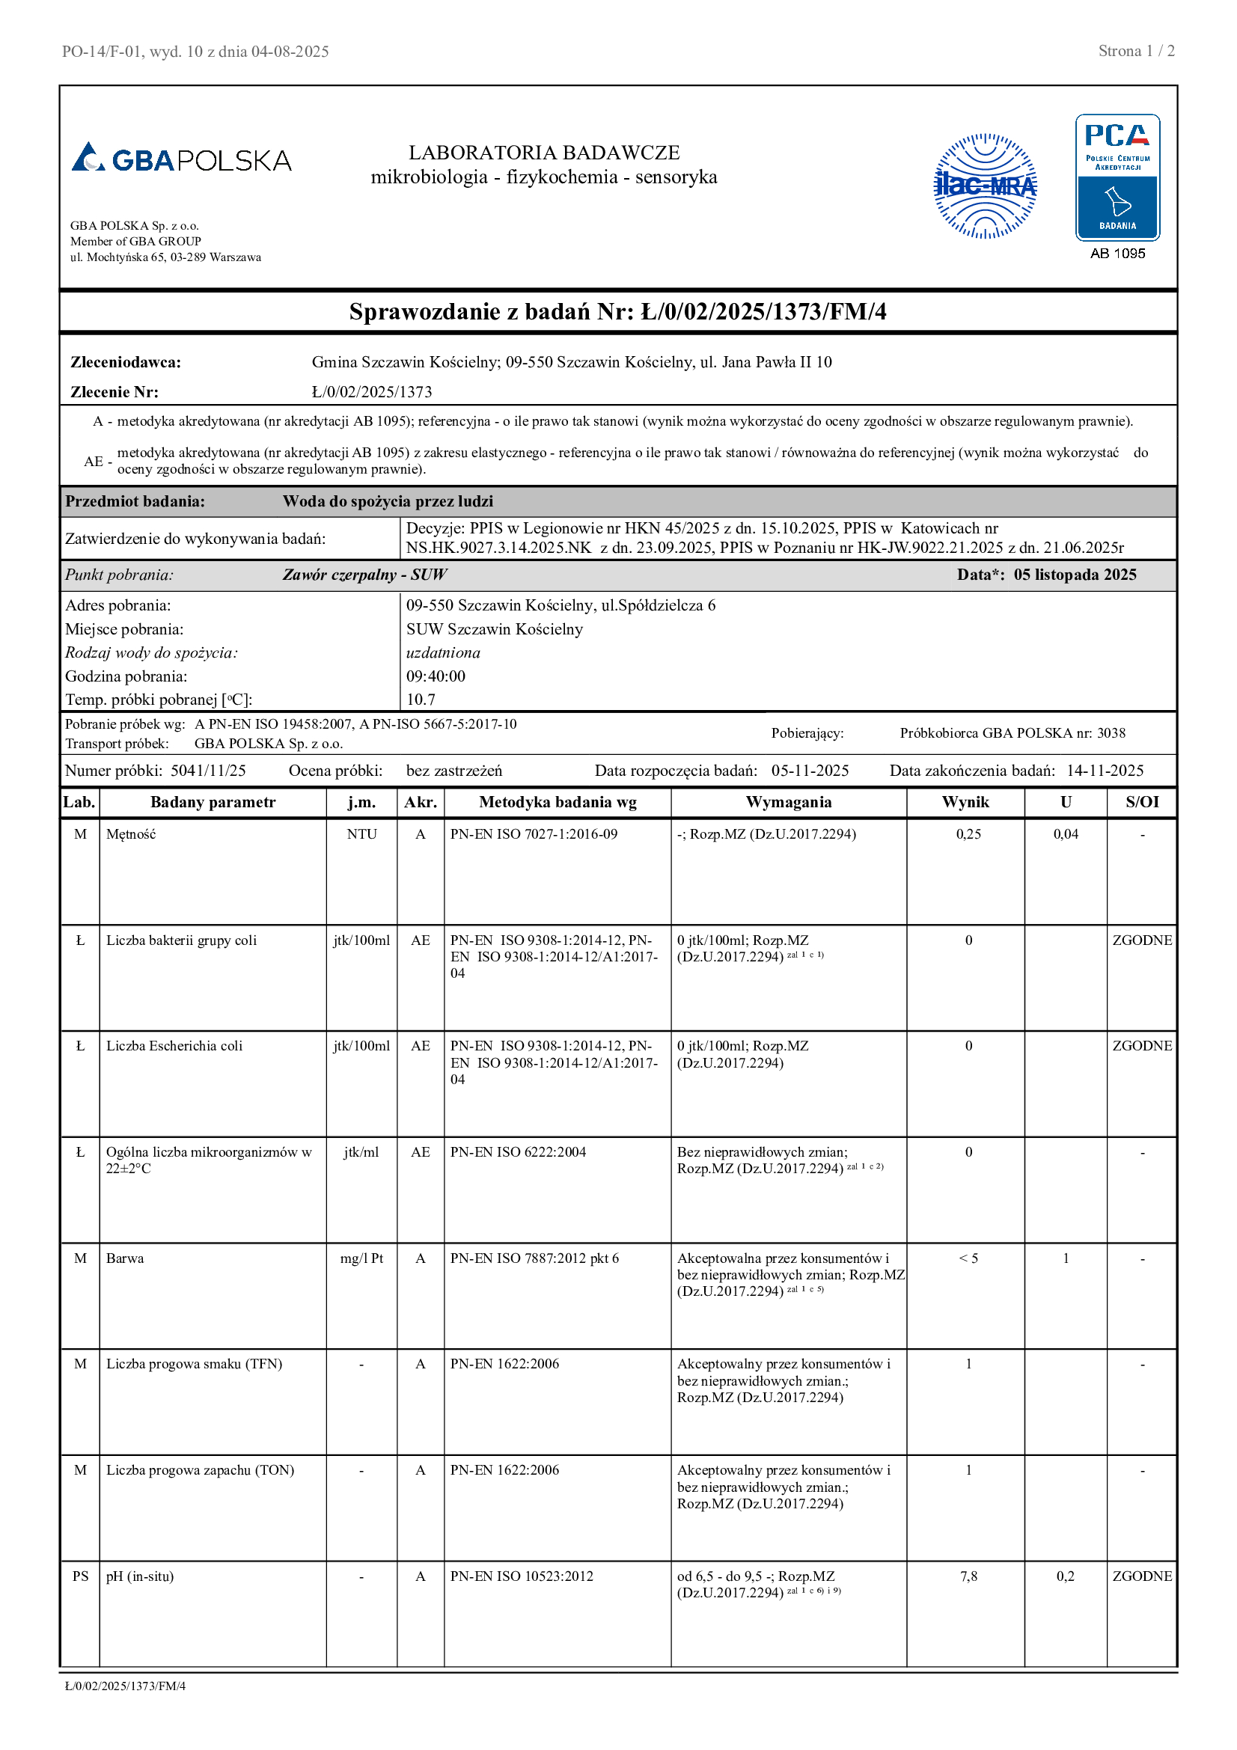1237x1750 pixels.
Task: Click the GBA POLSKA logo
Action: click(x=181, y=159)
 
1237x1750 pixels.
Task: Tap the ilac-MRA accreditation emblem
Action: click(x=985, y=186)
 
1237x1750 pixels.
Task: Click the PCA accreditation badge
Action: click(x=1117, y=177)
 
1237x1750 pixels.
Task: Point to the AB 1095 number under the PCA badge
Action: click(x=1117, y=254)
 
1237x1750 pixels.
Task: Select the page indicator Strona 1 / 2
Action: click(x=1136, y=51)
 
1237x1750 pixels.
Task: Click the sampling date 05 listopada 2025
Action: click(x=1075, y=575)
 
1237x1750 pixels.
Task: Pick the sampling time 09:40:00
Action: click(x=436, y=676)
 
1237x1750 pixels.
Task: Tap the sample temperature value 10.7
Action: click(x=421, y=700)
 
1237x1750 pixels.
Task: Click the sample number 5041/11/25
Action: click(x=208, y=771)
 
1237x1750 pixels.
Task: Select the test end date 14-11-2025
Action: click(x=1105, y=771)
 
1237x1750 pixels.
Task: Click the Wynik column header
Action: click(x=965, y=802)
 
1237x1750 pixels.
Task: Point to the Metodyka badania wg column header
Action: click(x=558, y=802)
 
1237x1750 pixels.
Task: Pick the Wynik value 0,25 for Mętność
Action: click(x=968, y=833)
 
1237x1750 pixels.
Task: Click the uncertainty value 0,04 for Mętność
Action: click(x=1066, y=833)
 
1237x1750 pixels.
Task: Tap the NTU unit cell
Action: click(x=361, y=833)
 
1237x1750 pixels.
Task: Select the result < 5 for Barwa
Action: click(x=968, y=1258)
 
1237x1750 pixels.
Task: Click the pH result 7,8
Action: click(x=968, y=1576)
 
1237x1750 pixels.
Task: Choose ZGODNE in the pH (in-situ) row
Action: click(x=1142, y=1576)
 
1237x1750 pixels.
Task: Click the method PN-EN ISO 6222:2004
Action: click(x=518, y=1151)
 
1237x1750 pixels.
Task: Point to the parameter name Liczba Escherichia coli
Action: click(x=174, y=1046)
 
